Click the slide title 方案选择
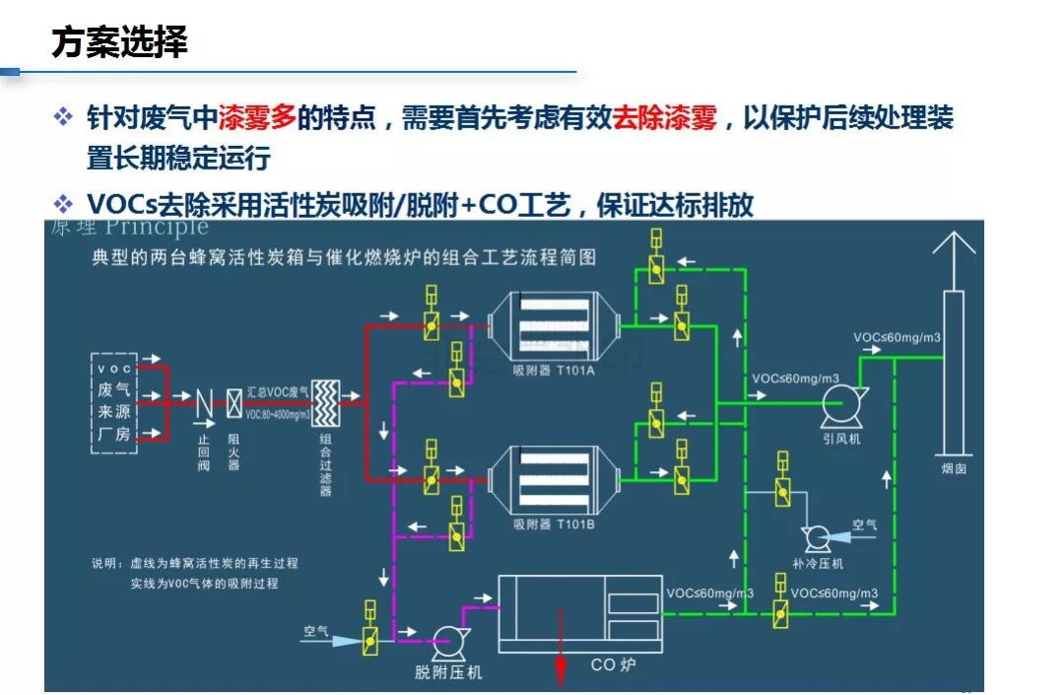(119, 44)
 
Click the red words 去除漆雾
(664, 120)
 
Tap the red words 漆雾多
(257, 120)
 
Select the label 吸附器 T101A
(554, 371)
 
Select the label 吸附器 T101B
(554, 523)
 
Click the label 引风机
(841, 438)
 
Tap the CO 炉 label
(613, 665)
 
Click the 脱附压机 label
(448, 673)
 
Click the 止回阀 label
(203, 453)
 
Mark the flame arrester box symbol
(234, 402)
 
